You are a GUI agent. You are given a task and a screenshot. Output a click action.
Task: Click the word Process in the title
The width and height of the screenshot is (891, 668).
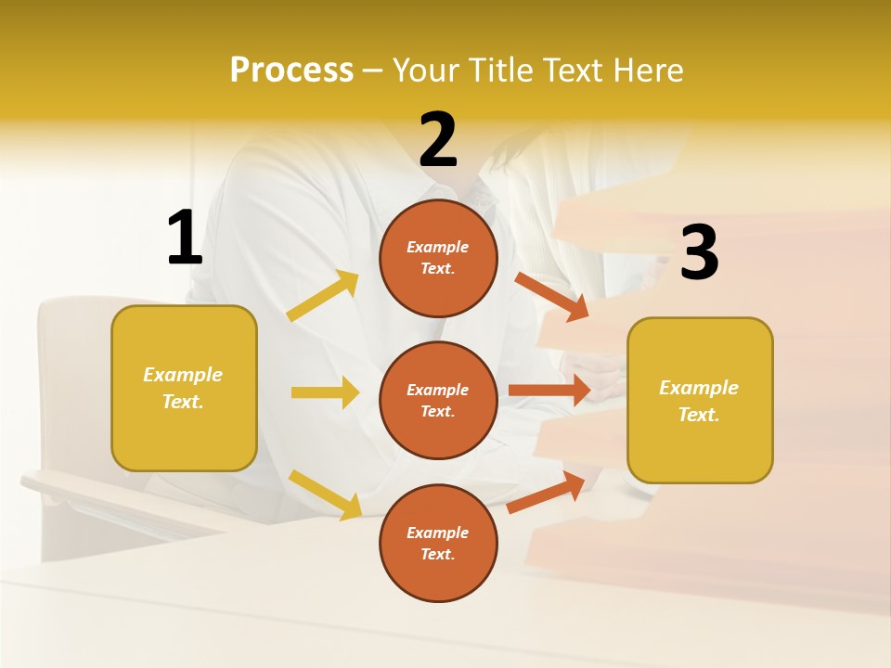click(x=291, y=71)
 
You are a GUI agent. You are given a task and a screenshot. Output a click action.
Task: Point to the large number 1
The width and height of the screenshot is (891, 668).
click(x=185, y=238)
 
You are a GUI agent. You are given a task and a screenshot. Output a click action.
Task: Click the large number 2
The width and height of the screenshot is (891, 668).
click(x=438, y=140)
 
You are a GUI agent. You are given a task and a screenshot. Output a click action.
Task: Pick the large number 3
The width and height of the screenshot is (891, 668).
click(x=699, y=253)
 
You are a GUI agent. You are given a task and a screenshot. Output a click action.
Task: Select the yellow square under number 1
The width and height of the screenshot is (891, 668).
click(x=184, y=388)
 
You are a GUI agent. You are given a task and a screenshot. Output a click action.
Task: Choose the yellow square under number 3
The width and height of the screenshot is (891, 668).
click(x=700, y=401)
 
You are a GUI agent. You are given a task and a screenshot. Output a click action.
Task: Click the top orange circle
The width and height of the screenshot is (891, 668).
click(x=438, y=258)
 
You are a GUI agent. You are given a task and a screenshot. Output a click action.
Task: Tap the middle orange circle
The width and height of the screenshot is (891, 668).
click(x=438, y=400)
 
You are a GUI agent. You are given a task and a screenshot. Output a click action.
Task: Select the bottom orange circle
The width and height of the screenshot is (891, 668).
click(x=438, y=543)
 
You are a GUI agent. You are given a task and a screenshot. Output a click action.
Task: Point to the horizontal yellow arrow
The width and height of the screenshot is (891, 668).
click(x=325, y=392)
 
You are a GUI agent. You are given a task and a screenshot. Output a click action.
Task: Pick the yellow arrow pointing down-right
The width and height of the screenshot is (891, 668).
click(x=325, y=495)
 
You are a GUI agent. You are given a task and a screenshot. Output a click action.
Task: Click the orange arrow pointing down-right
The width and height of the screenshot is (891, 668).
click(x=552, y=296)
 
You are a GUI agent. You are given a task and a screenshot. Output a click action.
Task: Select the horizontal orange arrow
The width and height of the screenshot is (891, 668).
click(x=549, y=390)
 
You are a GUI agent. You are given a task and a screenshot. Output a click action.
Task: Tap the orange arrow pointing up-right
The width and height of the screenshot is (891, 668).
click(x=547, y=492)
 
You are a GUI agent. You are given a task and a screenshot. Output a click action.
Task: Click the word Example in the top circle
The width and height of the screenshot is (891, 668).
click(x=437, y=248)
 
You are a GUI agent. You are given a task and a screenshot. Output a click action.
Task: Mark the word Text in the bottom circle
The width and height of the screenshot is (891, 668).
click(x=436, y=554)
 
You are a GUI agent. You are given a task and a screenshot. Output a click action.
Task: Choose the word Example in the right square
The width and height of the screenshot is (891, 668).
click(x=699, y=388)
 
